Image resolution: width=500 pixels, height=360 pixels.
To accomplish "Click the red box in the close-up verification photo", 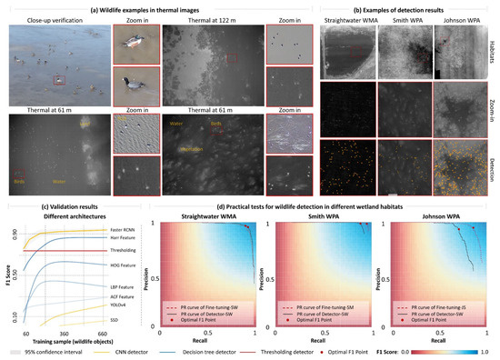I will point(59,79).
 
